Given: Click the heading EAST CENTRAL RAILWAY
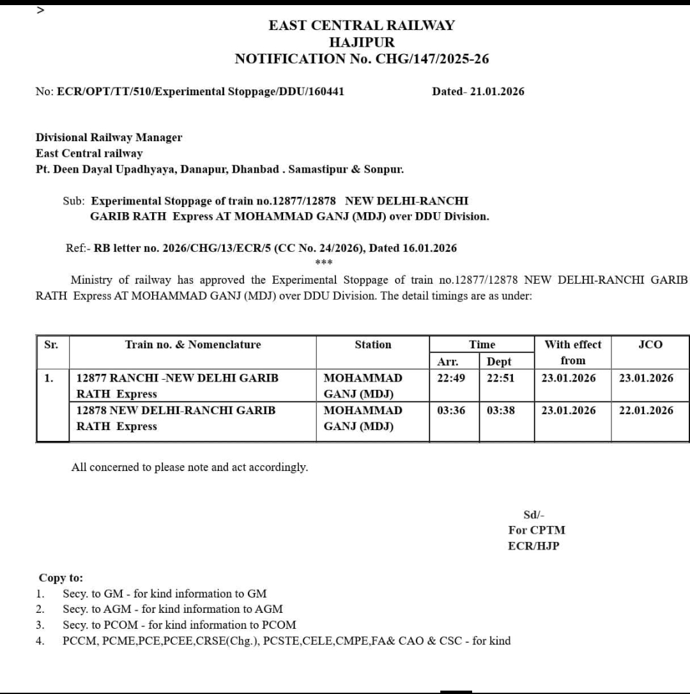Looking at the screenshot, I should pos(362,26).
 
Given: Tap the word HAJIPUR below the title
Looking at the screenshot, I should pos(362,42).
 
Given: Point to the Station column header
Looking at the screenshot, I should pos(373,344).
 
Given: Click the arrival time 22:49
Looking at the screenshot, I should pos(451,378).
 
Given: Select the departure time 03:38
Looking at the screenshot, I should pos(500,410).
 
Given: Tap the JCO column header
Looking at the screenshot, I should pos(650,344).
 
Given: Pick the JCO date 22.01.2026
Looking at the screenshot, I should pos(646,410).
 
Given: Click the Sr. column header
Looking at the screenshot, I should pos(51,344).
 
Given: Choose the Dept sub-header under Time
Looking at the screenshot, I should pos(499,362).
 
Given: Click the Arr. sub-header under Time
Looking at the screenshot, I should pos(447,362).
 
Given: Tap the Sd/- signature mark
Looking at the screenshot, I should pos(534,515).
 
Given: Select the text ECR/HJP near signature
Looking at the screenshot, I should pos(533,546).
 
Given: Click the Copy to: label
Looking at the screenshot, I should pos(61,578).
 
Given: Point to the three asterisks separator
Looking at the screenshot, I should pos(324,263).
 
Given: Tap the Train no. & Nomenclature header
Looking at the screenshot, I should pos(193,344).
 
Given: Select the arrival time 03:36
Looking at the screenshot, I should pos(451,410).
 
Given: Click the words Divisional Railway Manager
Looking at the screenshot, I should pos(109,137).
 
